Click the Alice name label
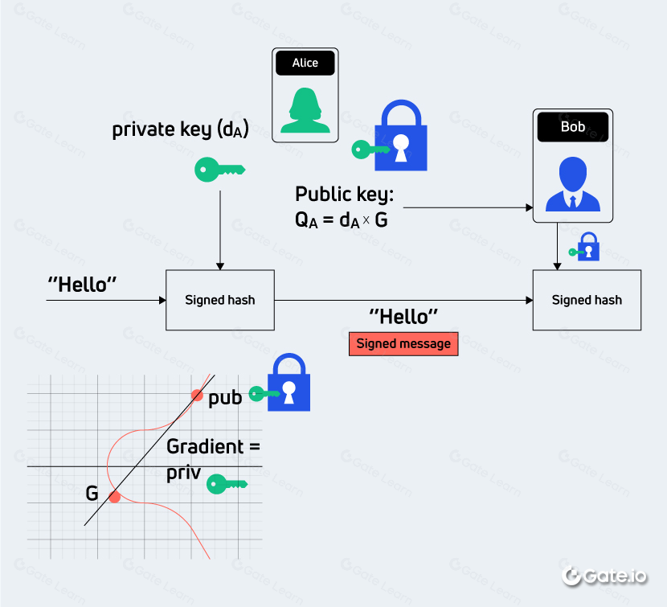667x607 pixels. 305,64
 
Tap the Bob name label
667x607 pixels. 572,127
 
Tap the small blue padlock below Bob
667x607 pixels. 590,247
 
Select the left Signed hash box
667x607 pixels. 220,300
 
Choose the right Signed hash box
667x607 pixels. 587,300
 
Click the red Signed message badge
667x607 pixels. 403,343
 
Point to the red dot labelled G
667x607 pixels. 115,497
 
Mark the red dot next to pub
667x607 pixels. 196,395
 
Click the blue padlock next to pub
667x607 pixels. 288,383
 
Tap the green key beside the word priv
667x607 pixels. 227,483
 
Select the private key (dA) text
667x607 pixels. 180,129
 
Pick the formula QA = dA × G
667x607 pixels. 342,219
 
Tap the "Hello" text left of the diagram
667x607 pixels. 83,284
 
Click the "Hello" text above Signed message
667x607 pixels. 403,316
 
